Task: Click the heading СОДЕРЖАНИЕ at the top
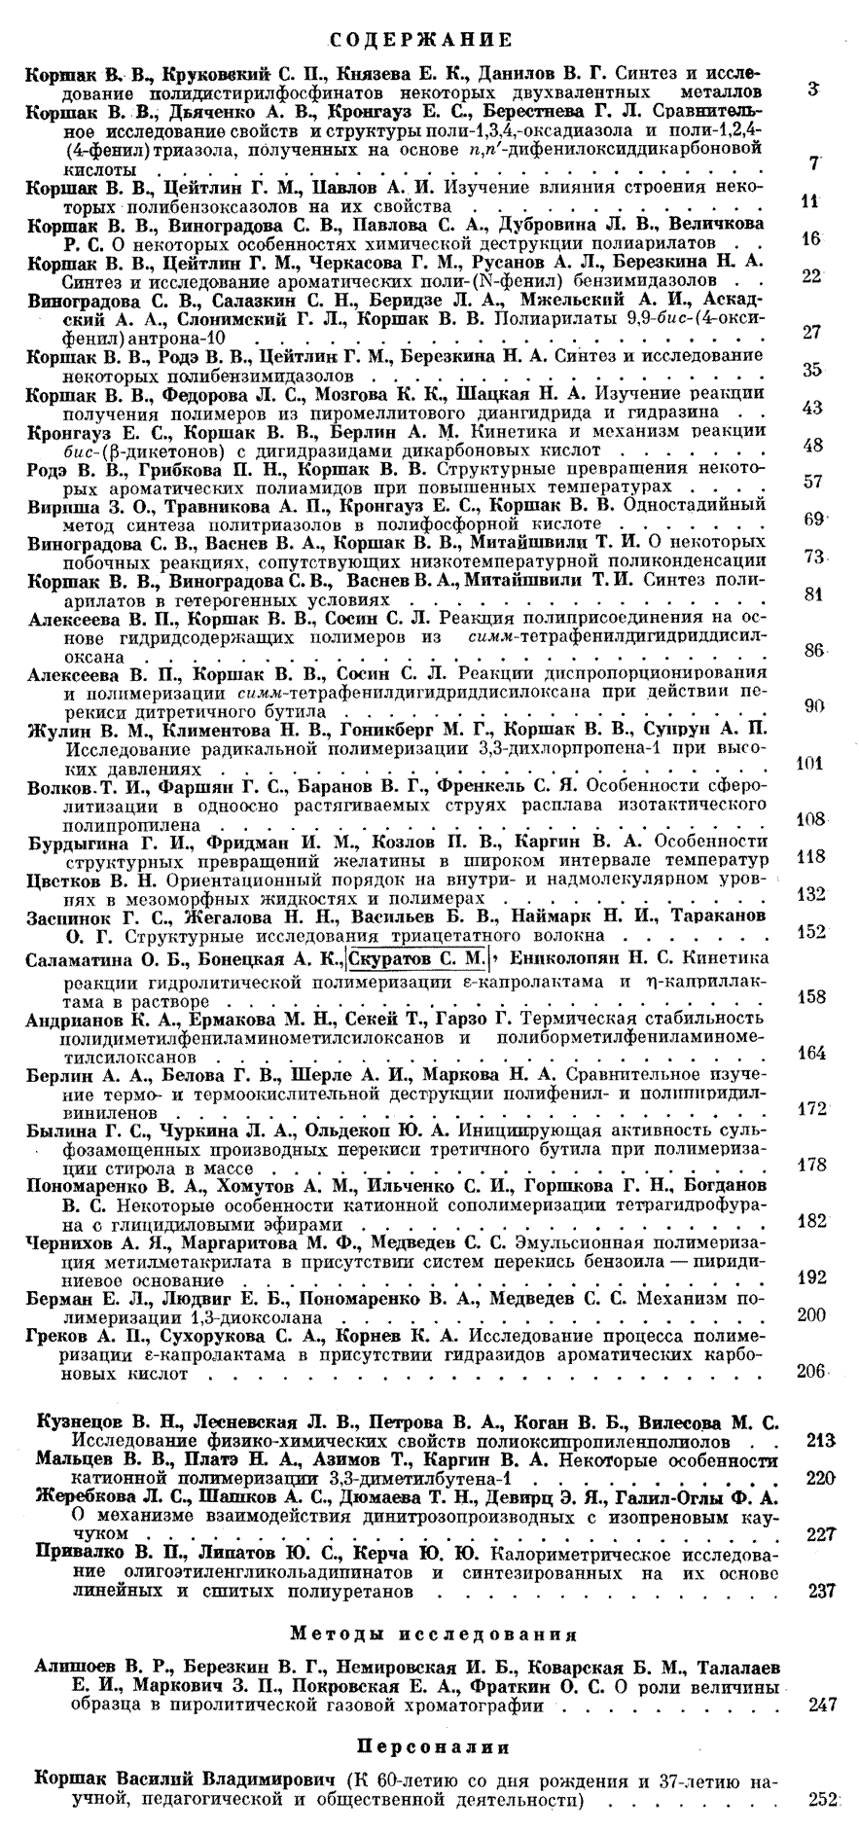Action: [x=428, y=40]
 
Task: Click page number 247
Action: [x=823, y=1705]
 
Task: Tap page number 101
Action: [x=808, y=764]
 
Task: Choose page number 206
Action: [x=809, y=1371]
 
